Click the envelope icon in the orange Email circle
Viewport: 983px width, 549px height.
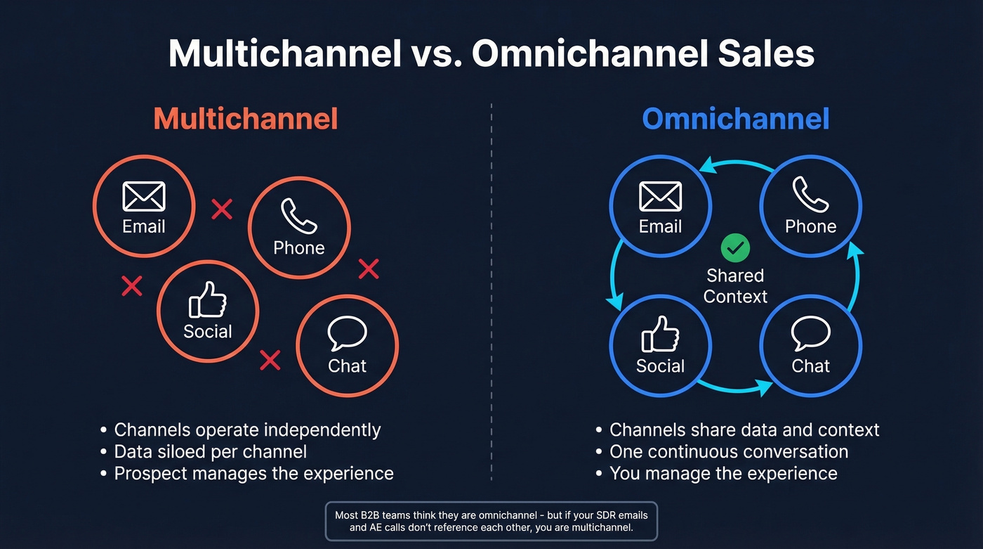[144, 196]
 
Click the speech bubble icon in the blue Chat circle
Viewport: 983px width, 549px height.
[810, 334]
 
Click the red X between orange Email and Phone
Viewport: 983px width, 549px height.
[222, 209]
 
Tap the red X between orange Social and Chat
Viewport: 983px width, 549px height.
[270, 360]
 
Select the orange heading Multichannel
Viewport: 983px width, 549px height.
[246, 119]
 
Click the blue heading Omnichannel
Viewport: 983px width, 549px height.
[735, 119]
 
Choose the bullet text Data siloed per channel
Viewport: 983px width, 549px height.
[211, 451]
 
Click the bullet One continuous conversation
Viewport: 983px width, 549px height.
[729, 451]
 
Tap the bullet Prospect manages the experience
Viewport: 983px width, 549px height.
[253, 473]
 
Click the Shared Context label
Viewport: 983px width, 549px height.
[735, 286]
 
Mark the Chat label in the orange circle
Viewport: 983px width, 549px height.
[348, 366]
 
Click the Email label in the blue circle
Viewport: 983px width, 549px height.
[660, 226]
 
